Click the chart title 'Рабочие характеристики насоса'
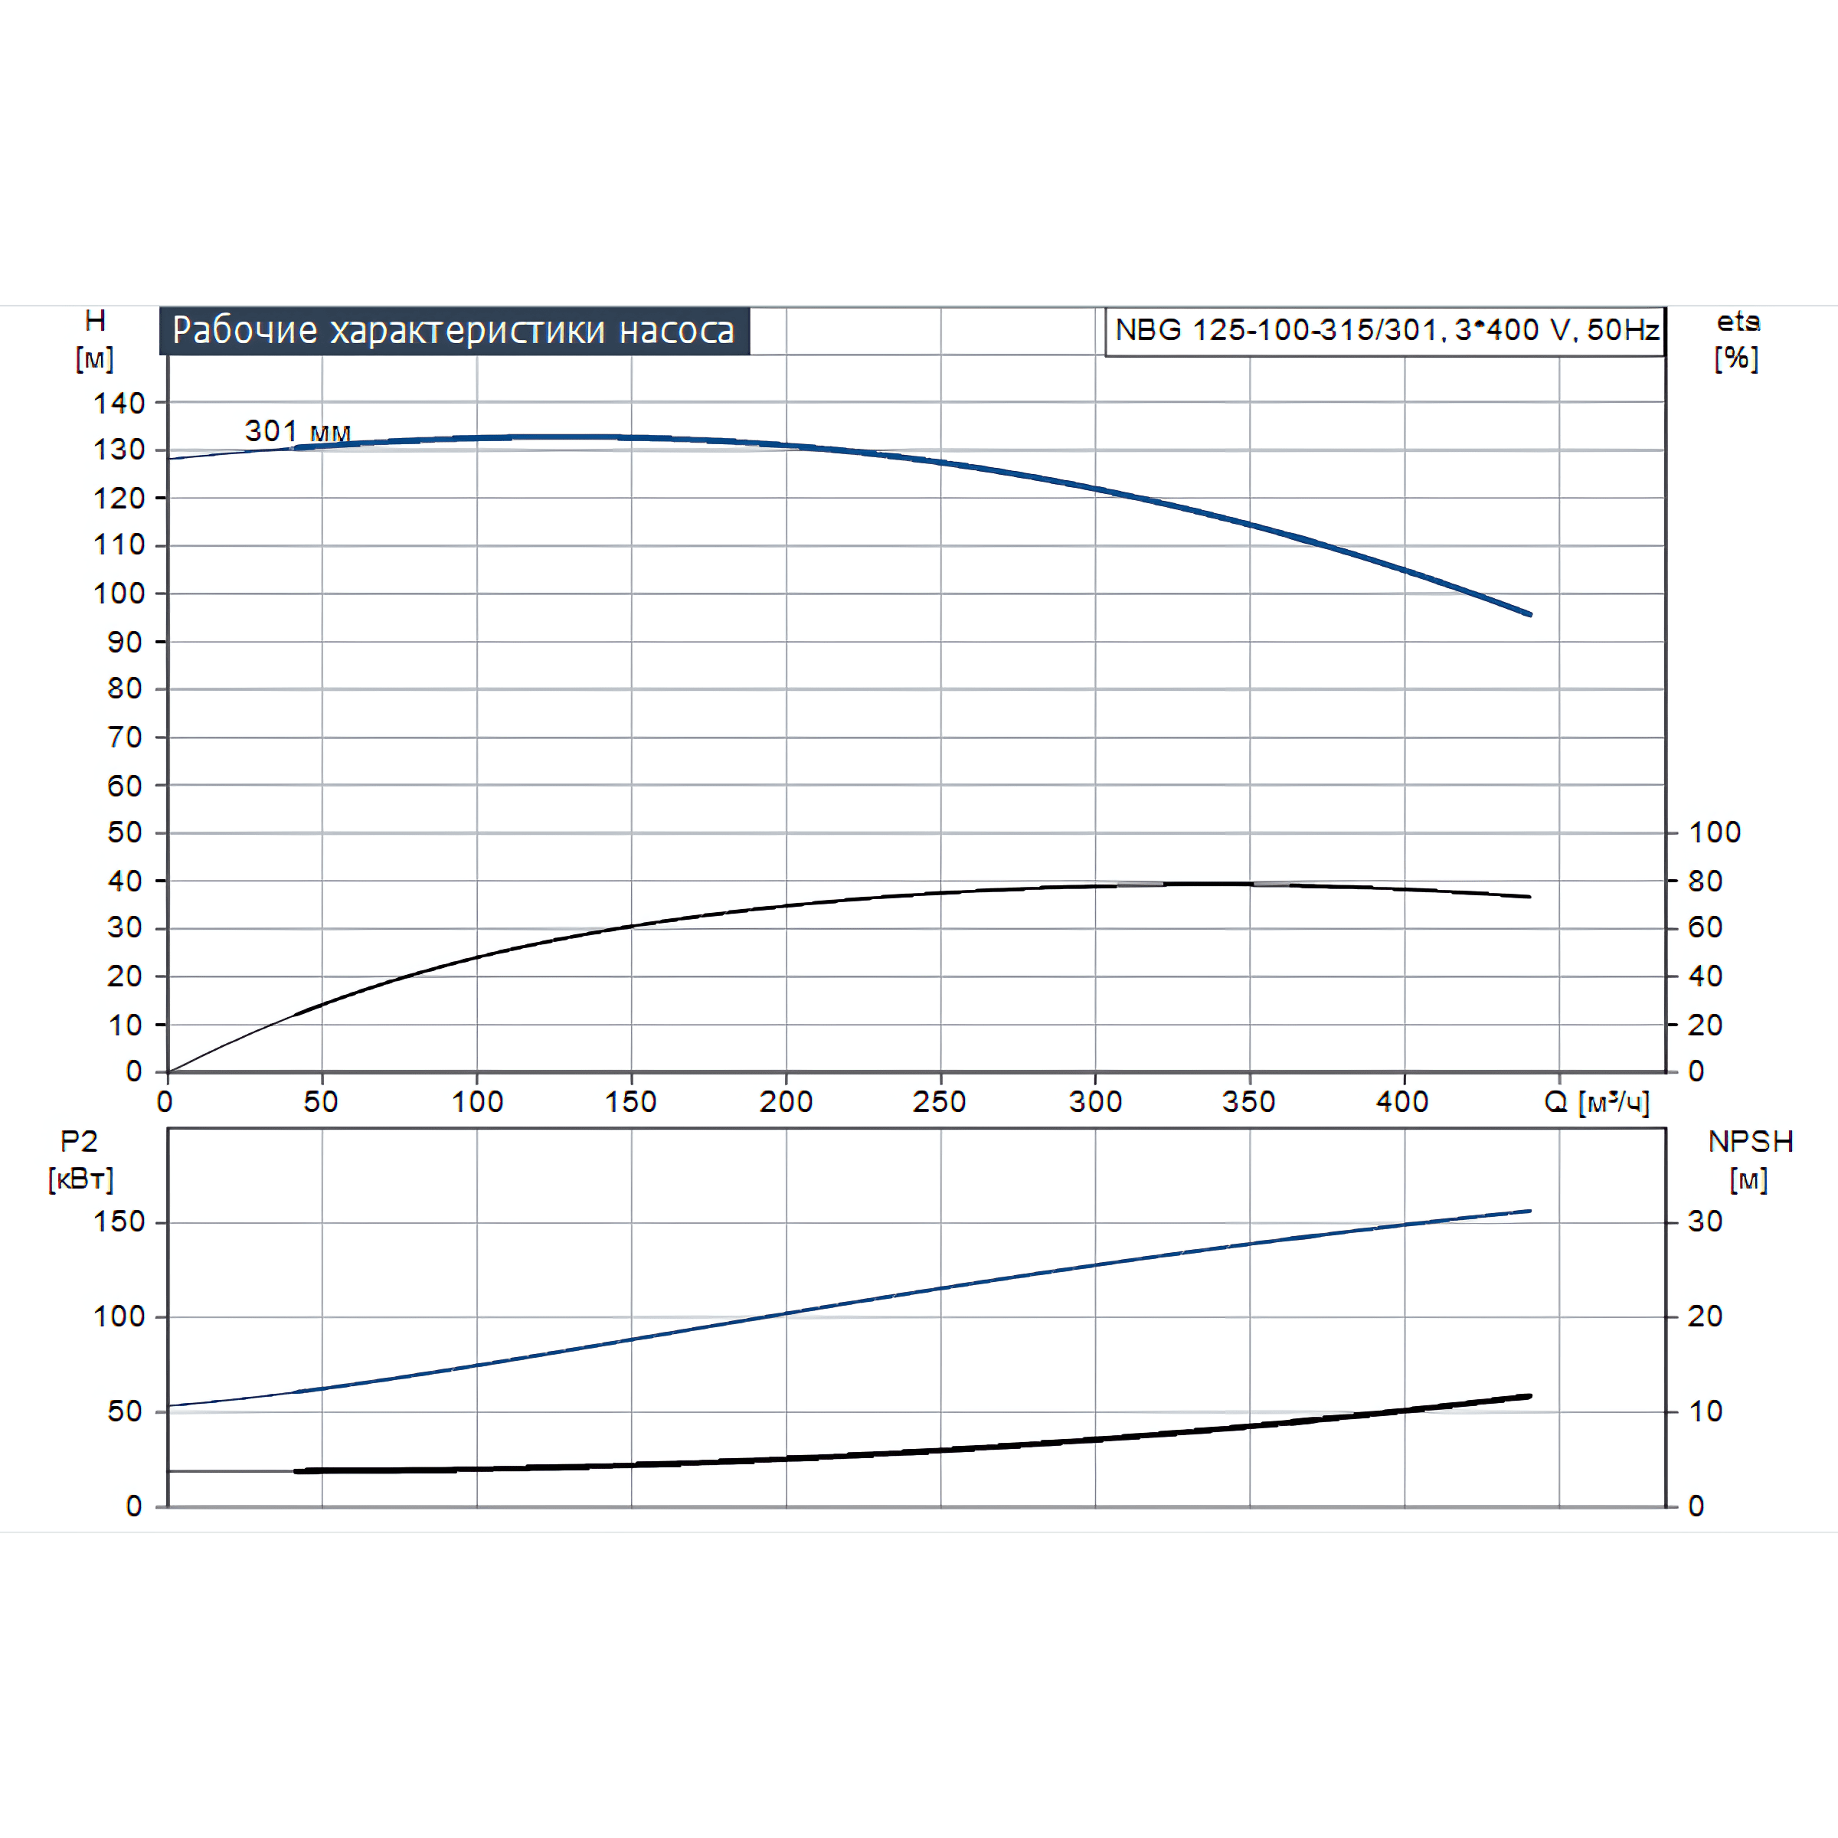pyautogui.click(x=454, y=331)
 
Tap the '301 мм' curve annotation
pyautogui.click(x=298, y=431)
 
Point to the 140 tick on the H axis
pyautogui.click(x=119, y=404)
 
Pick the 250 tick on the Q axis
pyautogui.click(x=939, y=1102)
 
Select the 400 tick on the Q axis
pyautogui.click(x=1402, y=1102)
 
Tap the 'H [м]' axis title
pyautogui.click(x=95, y=339)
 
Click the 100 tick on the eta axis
pyautogui.click(x=1715, y=832)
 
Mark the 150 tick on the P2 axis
pyautogui.click(x=119, y=1222)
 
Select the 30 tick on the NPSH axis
pyautogui.click(x=1705, y=1222)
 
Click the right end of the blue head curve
pyautogui.click(x=1530, y=614)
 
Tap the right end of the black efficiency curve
pyautogui.click(x=1530, y=896)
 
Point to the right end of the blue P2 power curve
pyautogui.click(x=1530, y=1211)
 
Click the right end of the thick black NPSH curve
pyautogui.click(x=1530, y=1395)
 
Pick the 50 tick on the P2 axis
pyautogui.click(x=125, y=1411)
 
